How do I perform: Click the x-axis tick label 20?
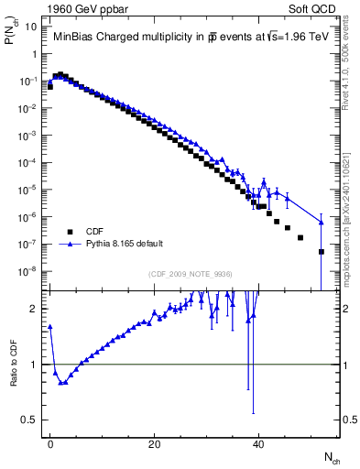[155, 443]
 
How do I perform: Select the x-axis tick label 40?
[259, 443]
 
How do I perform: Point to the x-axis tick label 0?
[50, 443]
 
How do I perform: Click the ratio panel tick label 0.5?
[32, 420]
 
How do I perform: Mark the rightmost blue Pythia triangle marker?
[322, 222]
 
